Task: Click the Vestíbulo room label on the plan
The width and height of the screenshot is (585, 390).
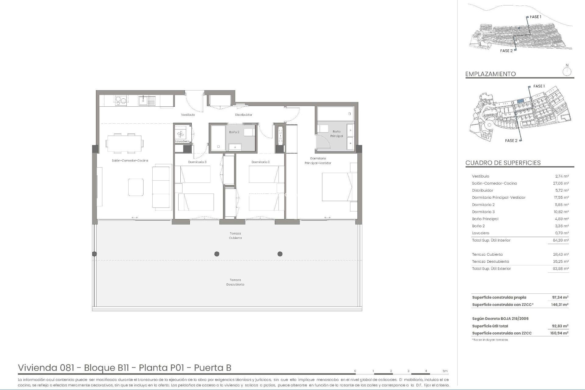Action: pyautogui.click(x=188, y=115)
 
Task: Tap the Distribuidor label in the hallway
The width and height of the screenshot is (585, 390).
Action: pyautogui.click(x=243, y=115)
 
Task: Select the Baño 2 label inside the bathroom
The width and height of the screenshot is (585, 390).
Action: pyautogui.click(x=234, y=132)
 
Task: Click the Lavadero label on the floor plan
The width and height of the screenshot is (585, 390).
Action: pyautogui.click(x=182, y=141)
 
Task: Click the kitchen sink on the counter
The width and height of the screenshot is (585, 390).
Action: pyautogui.click(x=147, y=100)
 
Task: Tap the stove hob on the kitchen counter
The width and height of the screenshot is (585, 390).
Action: pyautogui.click(x=121, y=100)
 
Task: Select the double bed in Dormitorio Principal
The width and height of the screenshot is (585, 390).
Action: pyautogui.click(x=339, y=186)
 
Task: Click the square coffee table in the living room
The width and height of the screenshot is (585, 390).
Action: pyautogui.click(x=136, y=187)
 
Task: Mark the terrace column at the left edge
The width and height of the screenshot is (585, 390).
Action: pyautogui.click(x=94, y=254)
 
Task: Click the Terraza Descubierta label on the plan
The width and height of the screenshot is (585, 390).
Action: pyautogui.click(x=235, y=282)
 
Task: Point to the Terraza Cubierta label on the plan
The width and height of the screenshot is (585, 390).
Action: pyautogui.click(x=235, y=236)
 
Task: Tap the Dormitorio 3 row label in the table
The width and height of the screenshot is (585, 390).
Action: pyautogui.click(x=483, y=212)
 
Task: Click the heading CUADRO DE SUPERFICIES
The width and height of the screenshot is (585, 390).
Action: pyautogui.click(x=503, y=163)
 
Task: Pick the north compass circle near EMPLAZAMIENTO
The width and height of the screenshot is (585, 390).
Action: pyautogui.click(x=567, y=72)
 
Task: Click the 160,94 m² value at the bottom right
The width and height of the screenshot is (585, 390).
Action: pyautogui.click(x=560, y=333)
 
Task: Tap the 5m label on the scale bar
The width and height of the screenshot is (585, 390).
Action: pyautogui.click(x=445, y=371)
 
